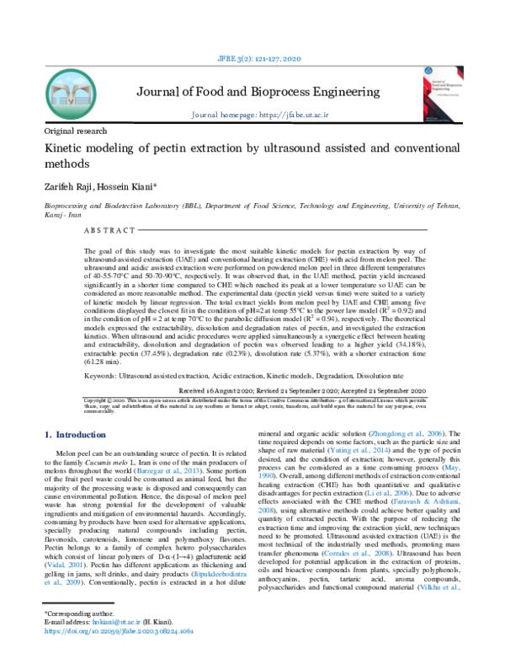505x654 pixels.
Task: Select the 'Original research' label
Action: click(x=76, y=131)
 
